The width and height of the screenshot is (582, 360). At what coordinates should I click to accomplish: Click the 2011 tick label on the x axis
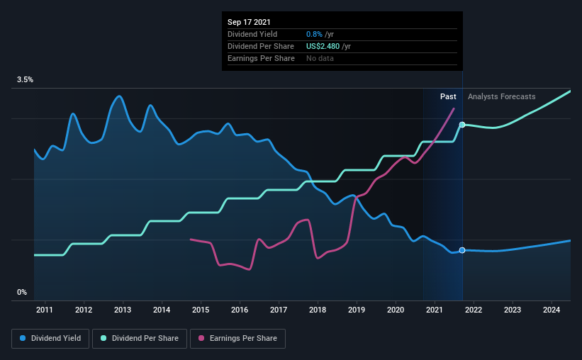45,310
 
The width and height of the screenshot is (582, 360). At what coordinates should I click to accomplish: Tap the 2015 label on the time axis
201,310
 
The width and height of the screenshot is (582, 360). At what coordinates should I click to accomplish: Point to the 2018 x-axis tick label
318,310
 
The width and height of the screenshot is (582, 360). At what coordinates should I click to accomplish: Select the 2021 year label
435,310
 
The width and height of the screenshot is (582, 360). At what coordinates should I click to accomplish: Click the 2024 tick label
552,310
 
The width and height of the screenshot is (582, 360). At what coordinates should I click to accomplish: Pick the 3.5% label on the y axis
26,79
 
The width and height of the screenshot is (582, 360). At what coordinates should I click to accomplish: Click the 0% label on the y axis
22,292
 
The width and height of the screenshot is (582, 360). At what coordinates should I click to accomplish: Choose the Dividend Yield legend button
50,339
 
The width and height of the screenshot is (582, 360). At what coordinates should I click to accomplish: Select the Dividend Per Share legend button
140,339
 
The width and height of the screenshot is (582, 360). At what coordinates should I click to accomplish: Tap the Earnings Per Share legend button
238,339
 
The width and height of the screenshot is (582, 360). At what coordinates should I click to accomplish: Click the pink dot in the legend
201,338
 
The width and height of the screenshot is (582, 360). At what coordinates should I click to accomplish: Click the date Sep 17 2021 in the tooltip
249,22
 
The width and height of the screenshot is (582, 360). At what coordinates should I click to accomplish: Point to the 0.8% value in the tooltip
314,34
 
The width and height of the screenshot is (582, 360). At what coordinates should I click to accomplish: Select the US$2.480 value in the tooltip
323,46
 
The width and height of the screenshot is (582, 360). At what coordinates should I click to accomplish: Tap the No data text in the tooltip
320,58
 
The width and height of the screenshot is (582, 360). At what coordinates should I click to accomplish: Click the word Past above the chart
448,96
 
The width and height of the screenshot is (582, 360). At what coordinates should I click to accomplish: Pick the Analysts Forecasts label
501,96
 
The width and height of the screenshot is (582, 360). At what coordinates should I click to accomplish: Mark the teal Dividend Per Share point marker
462,125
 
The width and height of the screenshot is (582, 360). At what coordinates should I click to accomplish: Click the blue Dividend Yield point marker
462,250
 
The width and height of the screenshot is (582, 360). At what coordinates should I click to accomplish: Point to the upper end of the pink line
454,108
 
